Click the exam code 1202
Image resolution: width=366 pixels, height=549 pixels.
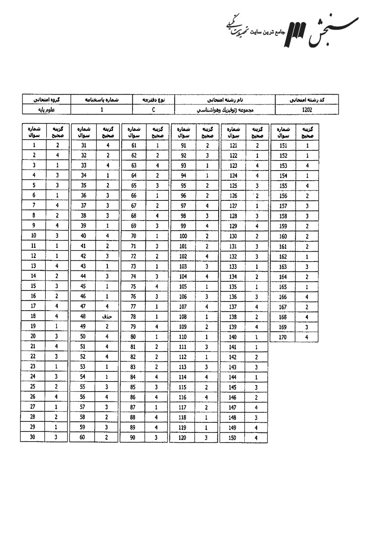coord(307,110)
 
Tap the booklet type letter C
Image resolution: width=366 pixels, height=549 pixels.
coord(154,110)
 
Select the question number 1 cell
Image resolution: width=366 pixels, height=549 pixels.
coord(34,145)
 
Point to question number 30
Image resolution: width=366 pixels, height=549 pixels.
coord(33,437)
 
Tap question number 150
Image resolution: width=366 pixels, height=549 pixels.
coord(233,437)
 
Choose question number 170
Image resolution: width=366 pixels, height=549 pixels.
coord(284,337)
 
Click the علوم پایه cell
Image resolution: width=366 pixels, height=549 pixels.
coord(47,110)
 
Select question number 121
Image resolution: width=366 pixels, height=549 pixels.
coord(233,145)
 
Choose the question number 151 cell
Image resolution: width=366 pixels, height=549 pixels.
coord(284,145)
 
